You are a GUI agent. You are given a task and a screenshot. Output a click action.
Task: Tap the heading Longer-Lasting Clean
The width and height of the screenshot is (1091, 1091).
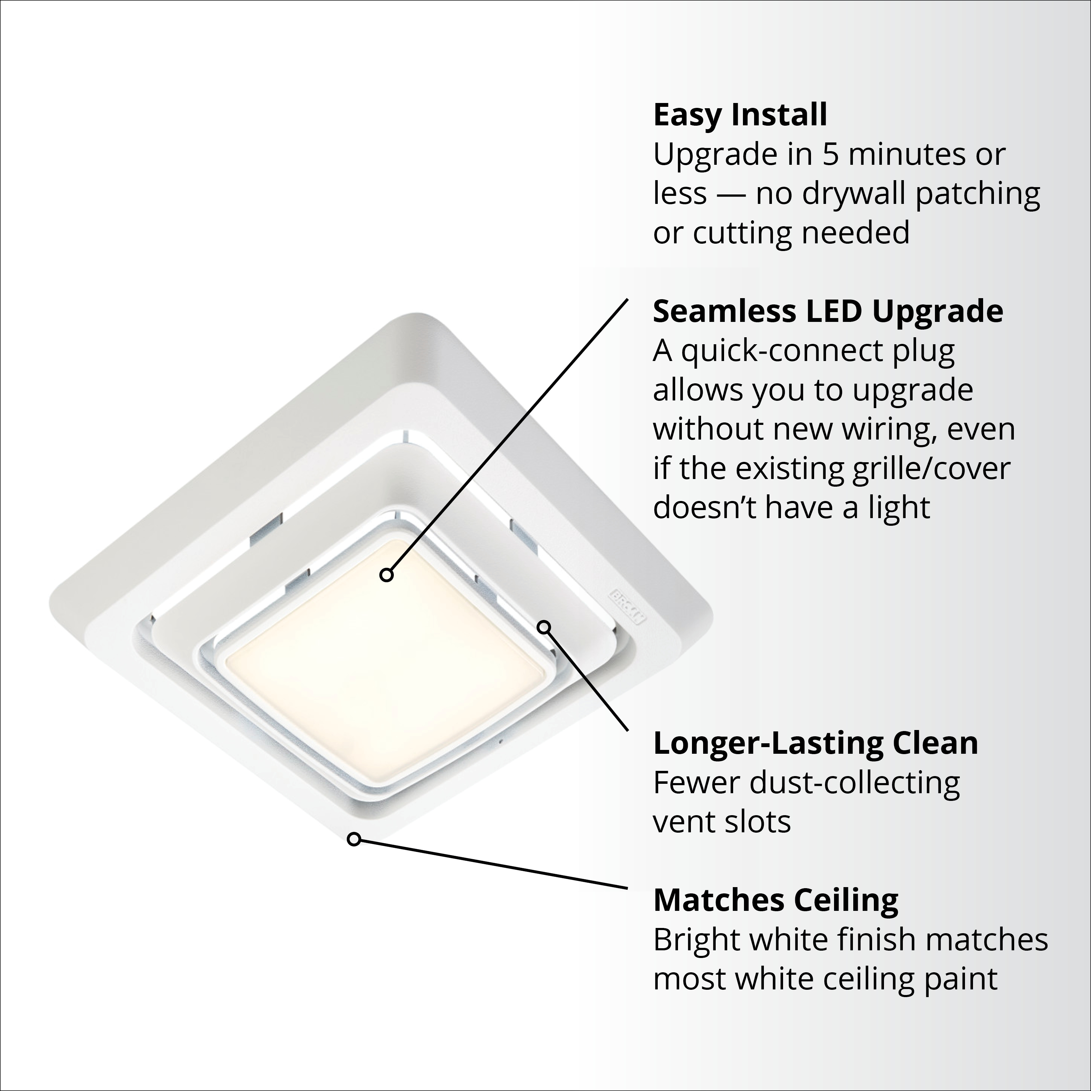click(816, 743)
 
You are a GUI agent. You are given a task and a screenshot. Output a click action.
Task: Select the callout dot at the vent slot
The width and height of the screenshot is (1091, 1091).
click(543, 627)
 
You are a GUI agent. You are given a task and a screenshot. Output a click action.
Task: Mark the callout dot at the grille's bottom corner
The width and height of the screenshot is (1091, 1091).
click(354, 839)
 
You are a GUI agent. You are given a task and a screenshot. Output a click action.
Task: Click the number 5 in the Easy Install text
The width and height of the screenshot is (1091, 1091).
click(830, 155)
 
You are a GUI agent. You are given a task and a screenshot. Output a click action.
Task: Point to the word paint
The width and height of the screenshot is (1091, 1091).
click(960, 979)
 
